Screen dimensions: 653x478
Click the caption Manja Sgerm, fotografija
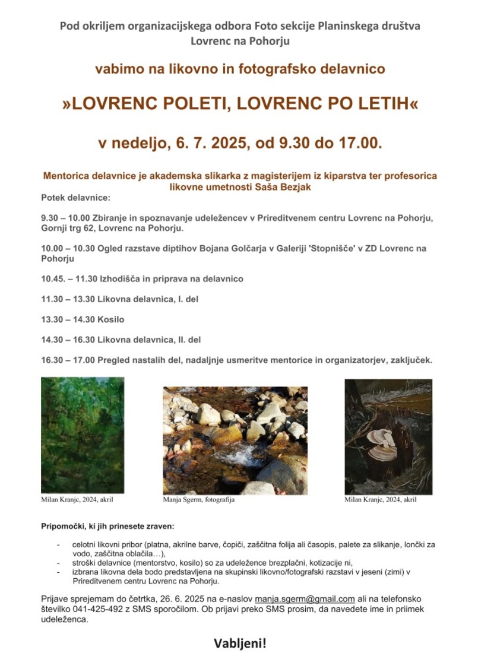point(199,500)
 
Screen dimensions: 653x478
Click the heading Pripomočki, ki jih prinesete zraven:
point(107,527)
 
